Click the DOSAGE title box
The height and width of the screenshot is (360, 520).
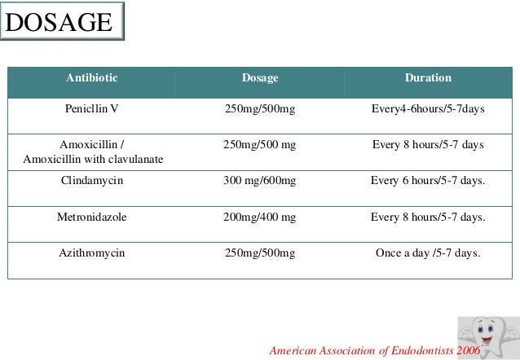[62, 23]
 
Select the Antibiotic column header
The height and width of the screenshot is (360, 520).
[92, 79]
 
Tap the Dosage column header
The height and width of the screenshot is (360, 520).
[260, 79]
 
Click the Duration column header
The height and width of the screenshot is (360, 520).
[428, 79]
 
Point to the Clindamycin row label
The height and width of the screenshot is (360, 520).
[92, 181]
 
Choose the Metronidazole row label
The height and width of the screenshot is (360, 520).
[92, 217]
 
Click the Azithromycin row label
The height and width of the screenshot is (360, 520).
[92, 252]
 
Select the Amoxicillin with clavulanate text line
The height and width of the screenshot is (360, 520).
[92, 158]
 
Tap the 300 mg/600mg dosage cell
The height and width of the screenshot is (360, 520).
[260, 181]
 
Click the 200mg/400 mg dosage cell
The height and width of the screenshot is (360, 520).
[260, 217]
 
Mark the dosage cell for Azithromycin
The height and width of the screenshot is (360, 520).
[260, 252]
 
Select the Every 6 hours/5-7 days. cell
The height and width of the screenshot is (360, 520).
[428, 181]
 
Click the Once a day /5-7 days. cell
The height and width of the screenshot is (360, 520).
[428, 252]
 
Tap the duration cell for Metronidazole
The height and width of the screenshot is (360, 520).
[428, 217]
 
